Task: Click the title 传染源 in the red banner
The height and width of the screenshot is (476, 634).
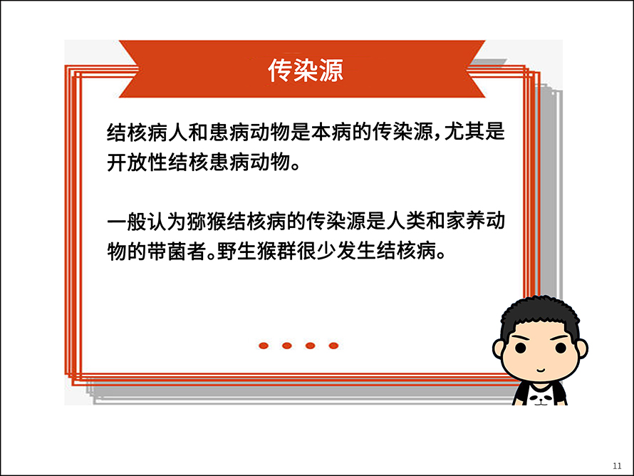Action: point(306,71)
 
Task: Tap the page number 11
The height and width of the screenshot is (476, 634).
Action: point(617,466)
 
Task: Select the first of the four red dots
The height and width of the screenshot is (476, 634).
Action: point(264,346)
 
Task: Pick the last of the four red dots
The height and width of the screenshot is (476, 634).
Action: point(333,346)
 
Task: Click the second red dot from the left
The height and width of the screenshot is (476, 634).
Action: point(287,346)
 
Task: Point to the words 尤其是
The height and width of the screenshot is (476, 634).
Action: point(474,132)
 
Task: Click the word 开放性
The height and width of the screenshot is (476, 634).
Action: point(137,162)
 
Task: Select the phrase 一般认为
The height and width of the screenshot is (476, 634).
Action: point(147,221)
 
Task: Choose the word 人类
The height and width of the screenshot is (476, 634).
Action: point(405,221)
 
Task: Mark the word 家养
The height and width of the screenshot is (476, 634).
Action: point(465,221)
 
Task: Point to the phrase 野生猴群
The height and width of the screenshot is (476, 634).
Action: point(256,251)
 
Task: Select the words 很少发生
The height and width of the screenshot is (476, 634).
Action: point(336,251)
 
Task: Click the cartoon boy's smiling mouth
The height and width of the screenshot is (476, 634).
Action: point(541,370)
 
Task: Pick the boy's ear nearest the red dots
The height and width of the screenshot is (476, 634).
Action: point(498,349)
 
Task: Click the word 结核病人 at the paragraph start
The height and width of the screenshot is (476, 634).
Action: point(147,132)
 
